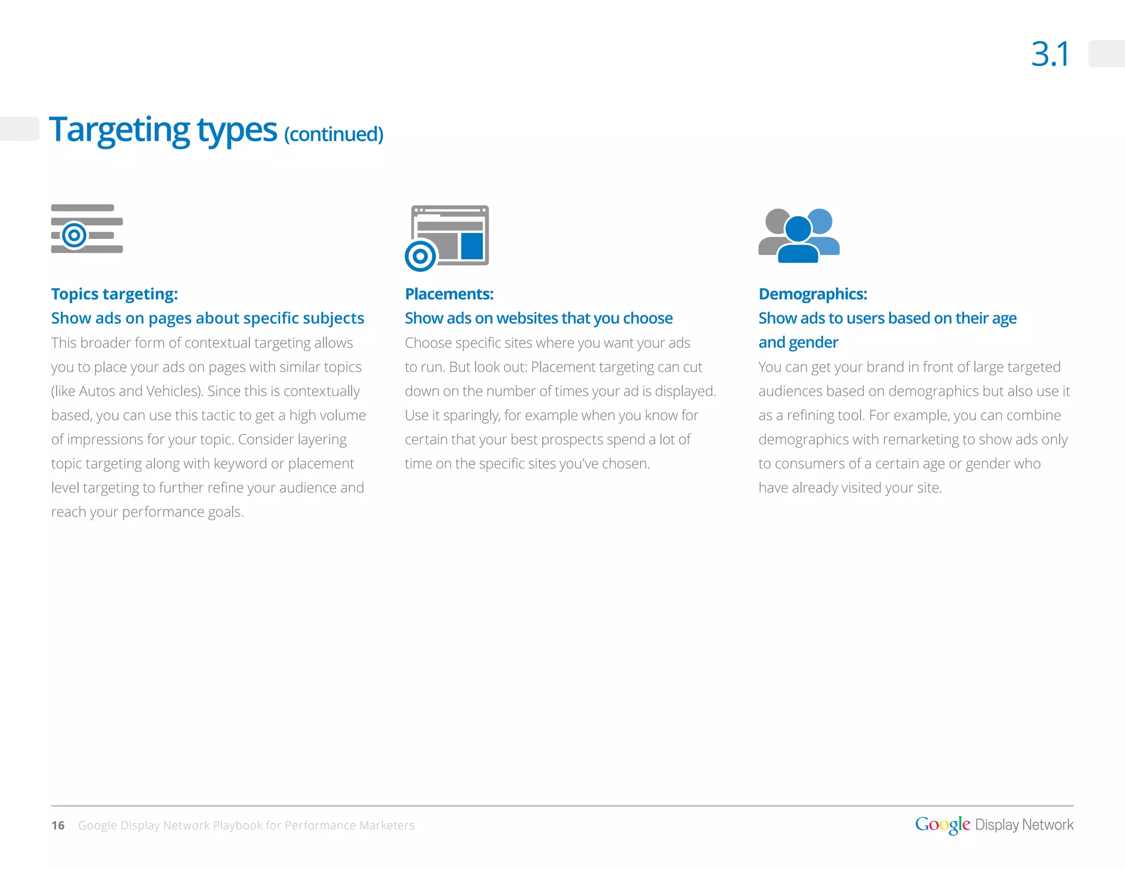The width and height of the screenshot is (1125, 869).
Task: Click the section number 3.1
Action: pos(1050,54)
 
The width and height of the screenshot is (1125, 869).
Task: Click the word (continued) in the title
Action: pos(333,134)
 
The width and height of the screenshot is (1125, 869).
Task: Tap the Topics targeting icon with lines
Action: pos(87,229)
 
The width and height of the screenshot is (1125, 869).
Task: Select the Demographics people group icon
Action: pos(799,235)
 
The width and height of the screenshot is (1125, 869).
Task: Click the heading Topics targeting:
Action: pos(114,294)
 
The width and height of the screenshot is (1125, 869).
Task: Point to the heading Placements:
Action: pos(449,294)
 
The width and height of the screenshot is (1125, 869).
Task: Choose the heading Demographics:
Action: pos(812,294)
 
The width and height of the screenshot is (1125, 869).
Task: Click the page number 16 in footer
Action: pos(58,825)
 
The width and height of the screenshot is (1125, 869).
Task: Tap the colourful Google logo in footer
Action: pos(942,825)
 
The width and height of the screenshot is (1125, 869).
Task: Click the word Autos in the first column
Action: pos(97,391)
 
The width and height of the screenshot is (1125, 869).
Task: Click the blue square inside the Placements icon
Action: pos(472,246)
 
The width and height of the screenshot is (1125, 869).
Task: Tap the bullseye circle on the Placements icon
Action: pos(420,256)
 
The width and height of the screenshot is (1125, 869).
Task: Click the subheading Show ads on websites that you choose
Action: pos(538,318)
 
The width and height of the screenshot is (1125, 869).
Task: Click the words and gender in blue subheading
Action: pos(798,342)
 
